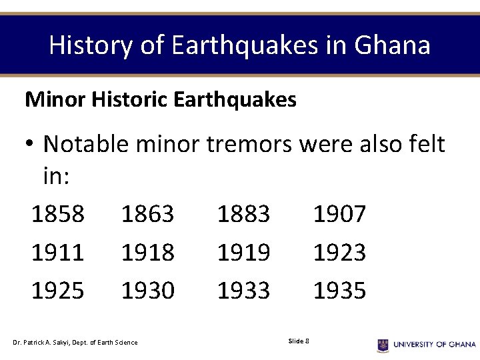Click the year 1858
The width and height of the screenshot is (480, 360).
(x=58, y=214)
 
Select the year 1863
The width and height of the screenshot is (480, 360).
(x=147, y=214)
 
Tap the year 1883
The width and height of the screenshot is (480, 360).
(x=243, y=214)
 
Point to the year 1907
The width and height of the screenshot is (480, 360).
(x=339, y=214)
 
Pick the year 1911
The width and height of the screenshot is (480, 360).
(x=58, y=252)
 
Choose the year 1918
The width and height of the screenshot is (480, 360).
(x=147, y=252)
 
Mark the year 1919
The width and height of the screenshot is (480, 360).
(x=243, y=252)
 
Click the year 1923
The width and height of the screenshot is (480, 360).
(x=339, y=252)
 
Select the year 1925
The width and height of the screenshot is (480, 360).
(x=58, y=290)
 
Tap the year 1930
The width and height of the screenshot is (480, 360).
(x=147, y=290)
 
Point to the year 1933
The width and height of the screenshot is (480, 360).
(x=243, y=290)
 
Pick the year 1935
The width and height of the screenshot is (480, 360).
(x=339, y=290)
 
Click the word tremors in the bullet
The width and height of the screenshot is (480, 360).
(x=249, y=143)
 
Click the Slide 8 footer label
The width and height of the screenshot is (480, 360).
(x=298, y=341)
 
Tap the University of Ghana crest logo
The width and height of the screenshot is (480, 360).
(x=383, y=344)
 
